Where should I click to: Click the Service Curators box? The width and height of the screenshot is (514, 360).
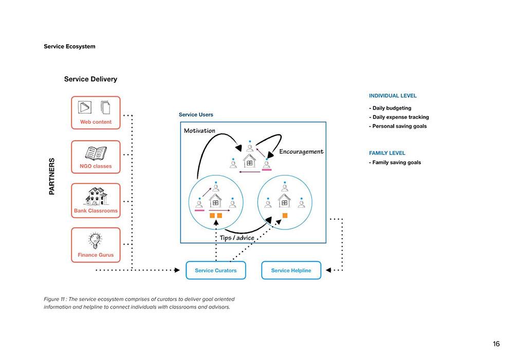click(x=216, y=270)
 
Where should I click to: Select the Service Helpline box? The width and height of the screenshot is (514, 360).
click(x=291, y=270)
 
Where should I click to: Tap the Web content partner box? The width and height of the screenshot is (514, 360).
click(x=96, y=113)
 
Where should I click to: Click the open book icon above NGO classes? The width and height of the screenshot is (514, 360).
click(x=96, y=153)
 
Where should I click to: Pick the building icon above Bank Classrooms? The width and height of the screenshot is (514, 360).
click(x=96, y=196)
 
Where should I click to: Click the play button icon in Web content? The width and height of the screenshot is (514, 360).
click(x=85, y=107)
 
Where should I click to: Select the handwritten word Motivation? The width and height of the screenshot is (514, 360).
click(x=199, y=131)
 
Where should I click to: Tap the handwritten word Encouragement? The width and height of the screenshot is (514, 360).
click(x=301, y=152)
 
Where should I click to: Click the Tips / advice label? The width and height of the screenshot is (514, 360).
click(x=237, y=238)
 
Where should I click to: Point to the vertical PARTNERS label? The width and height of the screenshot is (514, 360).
click(x=52, y=176)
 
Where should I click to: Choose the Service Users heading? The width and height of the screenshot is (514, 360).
click(x=196, y=114)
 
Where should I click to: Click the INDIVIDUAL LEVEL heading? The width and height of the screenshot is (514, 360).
click(x=393, y=96)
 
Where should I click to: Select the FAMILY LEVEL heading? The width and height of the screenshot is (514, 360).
click(x=387, y=153)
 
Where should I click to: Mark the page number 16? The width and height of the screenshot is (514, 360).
click(x=497, y=344)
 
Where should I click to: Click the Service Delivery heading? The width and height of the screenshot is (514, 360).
click(x=90, y=79)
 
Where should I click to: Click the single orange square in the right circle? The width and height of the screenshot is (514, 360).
click(x=285, y=215)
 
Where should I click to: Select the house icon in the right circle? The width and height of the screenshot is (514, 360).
click(x=285, y=201)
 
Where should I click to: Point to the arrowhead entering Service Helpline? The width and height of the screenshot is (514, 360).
click(x=328, y=270)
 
